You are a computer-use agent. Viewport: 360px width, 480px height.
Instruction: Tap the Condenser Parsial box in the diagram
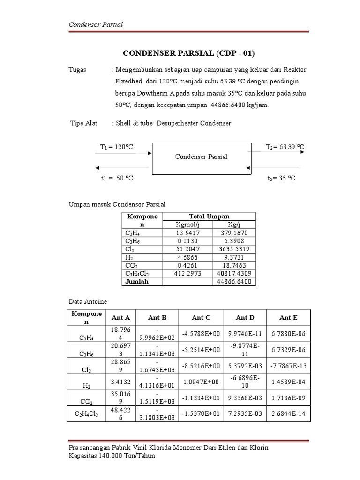201,157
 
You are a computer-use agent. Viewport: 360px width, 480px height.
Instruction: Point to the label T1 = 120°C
117,147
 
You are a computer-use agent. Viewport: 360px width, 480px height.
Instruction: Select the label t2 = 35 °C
281,178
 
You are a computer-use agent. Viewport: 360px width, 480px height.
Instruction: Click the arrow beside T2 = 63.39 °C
278,153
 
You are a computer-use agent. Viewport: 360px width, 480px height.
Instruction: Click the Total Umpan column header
209,216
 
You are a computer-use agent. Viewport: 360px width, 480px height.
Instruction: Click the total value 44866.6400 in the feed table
234,282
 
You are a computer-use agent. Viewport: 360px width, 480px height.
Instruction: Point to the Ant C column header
201,318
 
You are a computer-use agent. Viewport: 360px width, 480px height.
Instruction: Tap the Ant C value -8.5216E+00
201,366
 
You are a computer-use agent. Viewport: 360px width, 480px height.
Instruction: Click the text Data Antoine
88,302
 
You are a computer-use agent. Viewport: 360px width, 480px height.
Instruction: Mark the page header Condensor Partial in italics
96,24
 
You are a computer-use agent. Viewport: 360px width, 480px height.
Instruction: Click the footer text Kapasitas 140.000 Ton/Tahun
112,456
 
